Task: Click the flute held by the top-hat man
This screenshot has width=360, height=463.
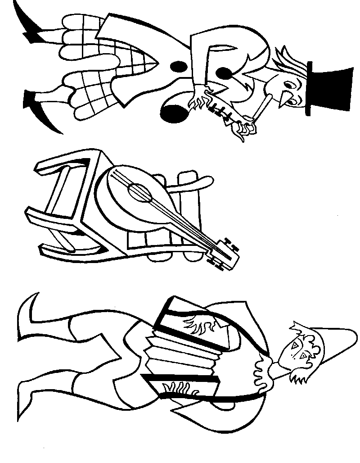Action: pos(261,110)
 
